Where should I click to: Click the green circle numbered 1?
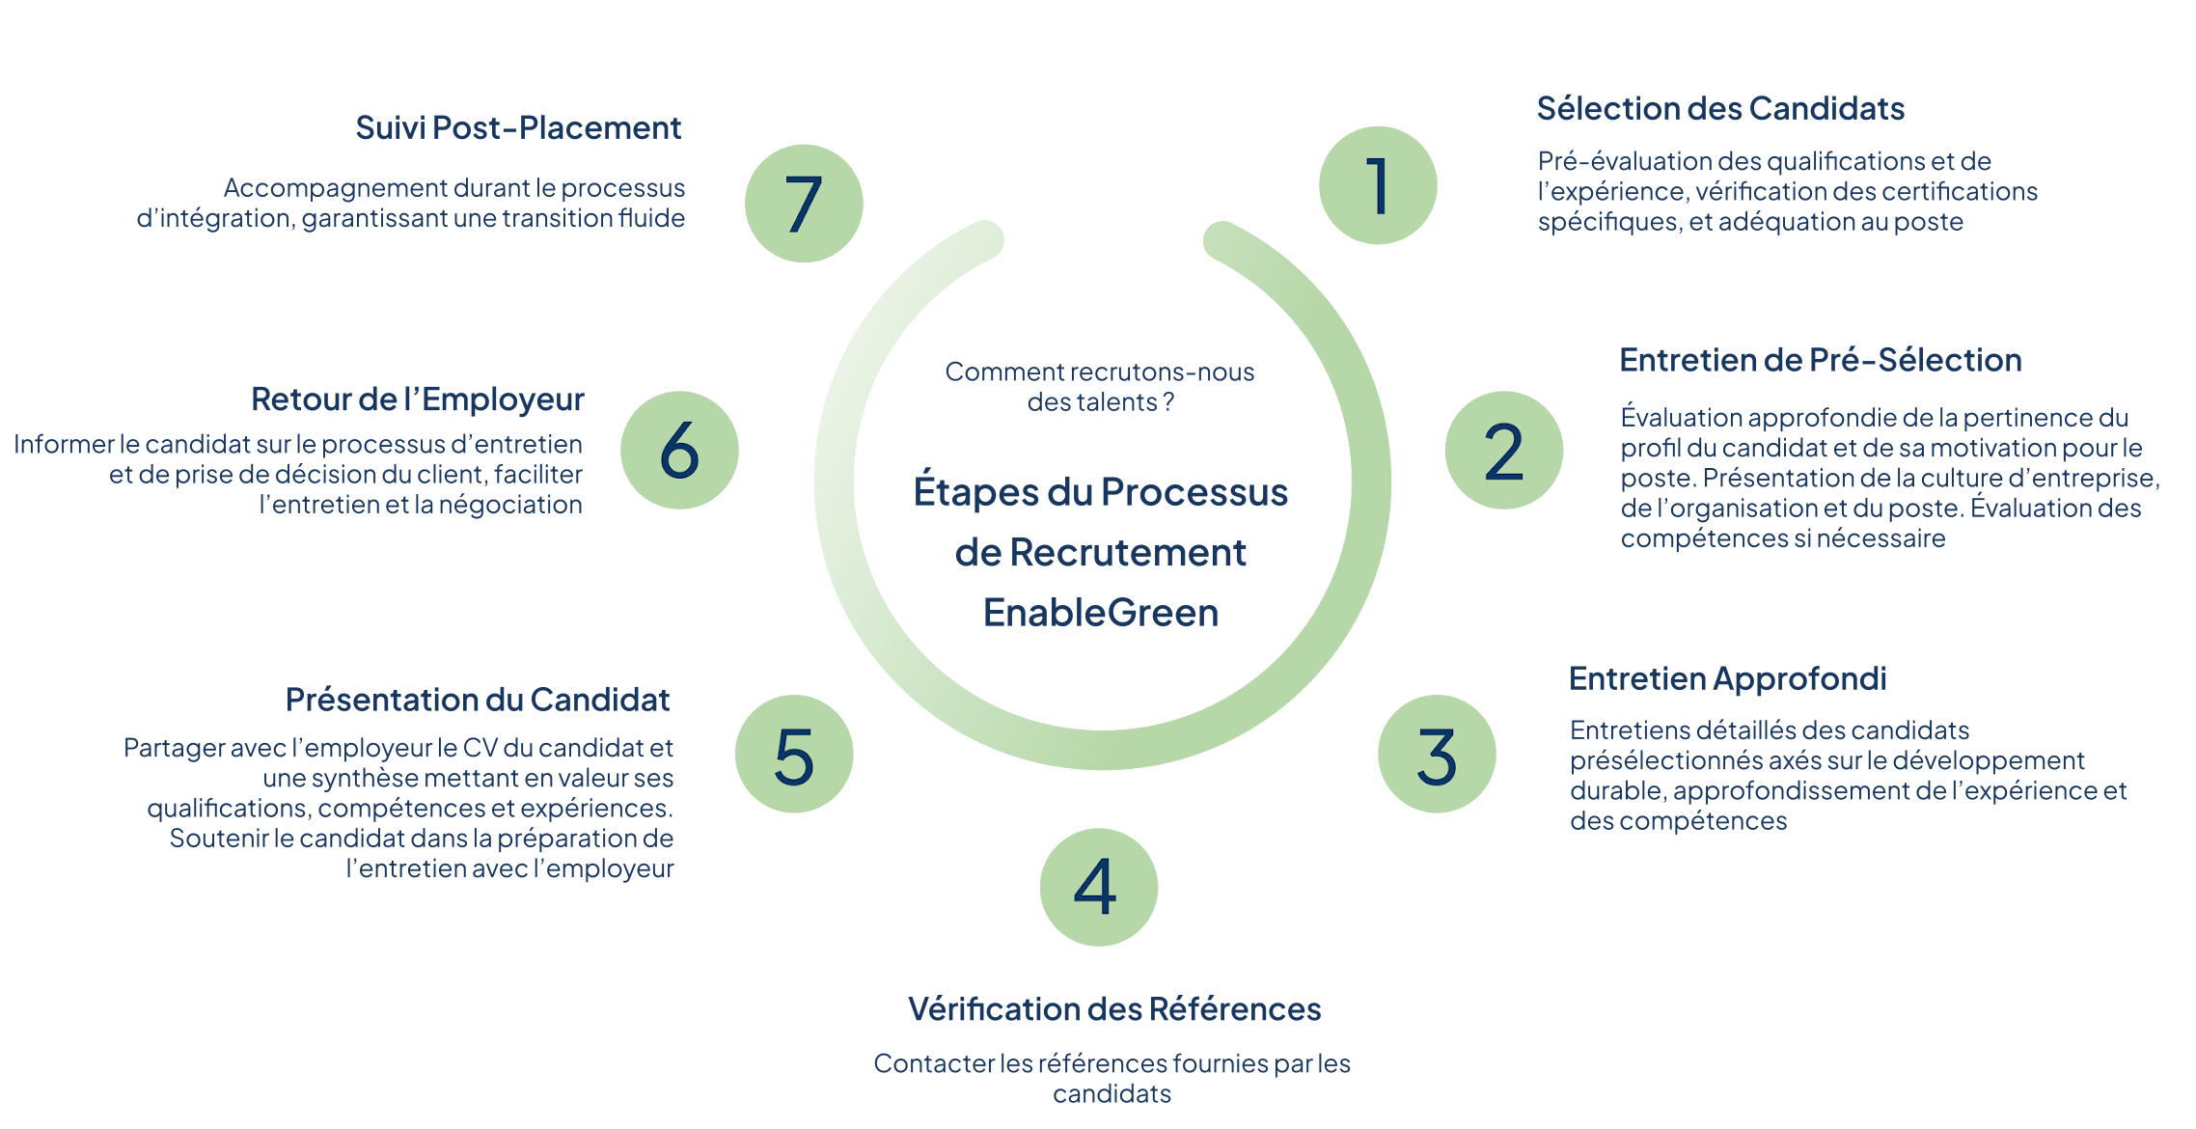(x=1377, y=185)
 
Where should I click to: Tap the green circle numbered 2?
(x=1503, y=451)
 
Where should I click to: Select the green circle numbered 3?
(x=1436, y=754)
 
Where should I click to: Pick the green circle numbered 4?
(x=1098, y=887)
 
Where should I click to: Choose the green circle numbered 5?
(x=793, y=754)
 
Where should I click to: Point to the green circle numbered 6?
(x=679, y=451)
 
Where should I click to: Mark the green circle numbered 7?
(x=803, y=204)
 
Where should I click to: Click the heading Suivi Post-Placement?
(x=518, y=127)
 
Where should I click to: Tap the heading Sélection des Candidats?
(x=1720, y=108)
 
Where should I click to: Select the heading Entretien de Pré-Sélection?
(x=1820, y=360)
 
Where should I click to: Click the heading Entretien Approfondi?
(x=1727, y=678)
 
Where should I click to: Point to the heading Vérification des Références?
(x=1114, y=1008)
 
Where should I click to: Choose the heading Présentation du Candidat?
(x=477, y=700)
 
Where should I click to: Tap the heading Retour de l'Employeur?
(x=417, y=399)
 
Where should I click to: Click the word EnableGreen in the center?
(x=1101, y=613)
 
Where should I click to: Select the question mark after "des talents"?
(x=1168, y=402)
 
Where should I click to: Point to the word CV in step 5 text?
(x=480, y=748)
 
